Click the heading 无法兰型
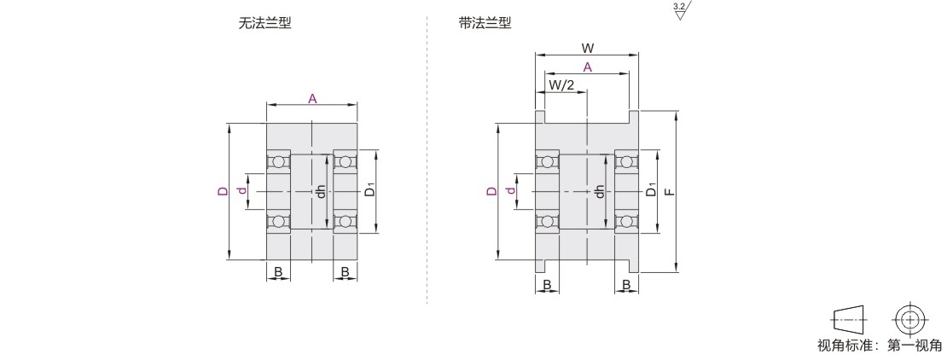pyautogui.click(x=264, y=24)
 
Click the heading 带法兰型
pyautogui.click(x=485, y=24)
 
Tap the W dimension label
pyautogui.click(x=587, y=49)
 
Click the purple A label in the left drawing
pyautogui.click(x=312, y=99)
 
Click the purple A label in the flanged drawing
pyautogui.click(x=587, y=67)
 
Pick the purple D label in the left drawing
pyautogui.click(x=222, y=192)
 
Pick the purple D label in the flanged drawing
pyautogui.click(x=491, y=191)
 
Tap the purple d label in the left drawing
pyautogui.click(x=241, y=192)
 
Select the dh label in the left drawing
pyautogui.click(x=320, y=192)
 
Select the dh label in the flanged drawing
pyautogui.click(x=600, y=191)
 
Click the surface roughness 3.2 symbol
pyautogui.click(x=681, y=11)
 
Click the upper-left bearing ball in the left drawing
pyautogui.click(x=277, y=162)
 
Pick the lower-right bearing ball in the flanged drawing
pyautogui.click(x=626, y=222)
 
